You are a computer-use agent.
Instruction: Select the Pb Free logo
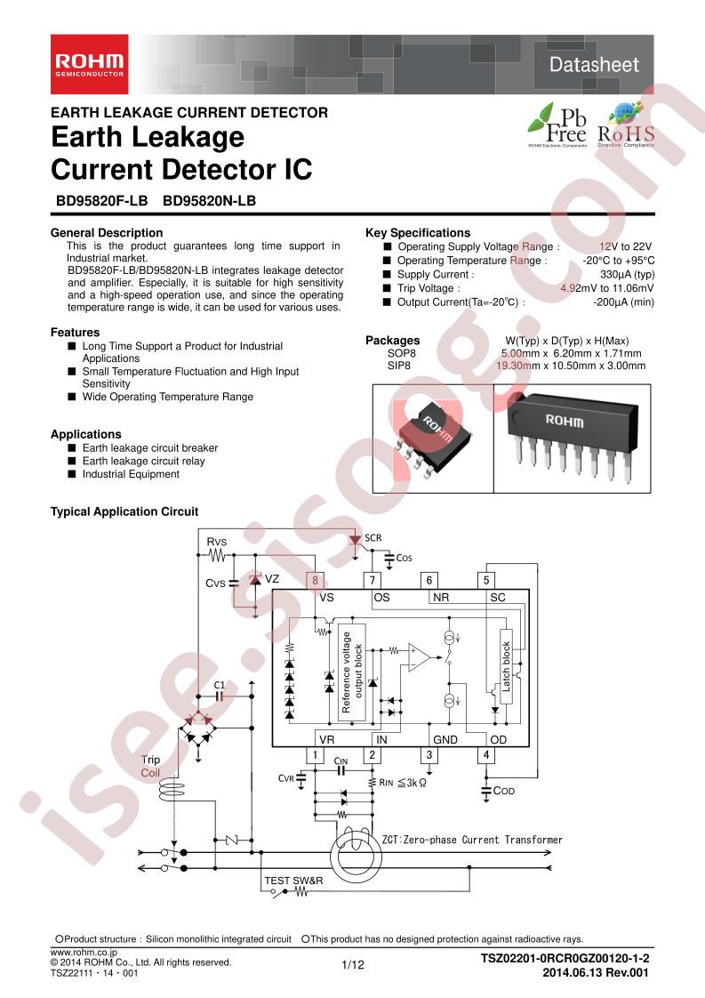pos(557,125)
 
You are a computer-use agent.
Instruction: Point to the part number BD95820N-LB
pos(210,202)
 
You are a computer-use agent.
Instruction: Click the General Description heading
pos(106,233)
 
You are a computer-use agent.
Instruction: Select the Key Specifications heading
pos(418,233)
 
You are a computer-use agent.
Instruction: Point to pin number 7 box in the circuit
pos(373,580)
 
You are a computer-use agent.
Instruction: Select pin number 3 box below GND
pos(429,756)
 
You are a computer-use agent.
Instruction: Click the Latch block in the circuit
pos(507,667)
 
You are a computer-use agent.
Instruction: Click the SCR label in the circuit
pos(373,539)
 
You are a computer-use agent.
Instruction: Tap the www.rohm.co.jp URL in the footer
pos(78,952)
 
